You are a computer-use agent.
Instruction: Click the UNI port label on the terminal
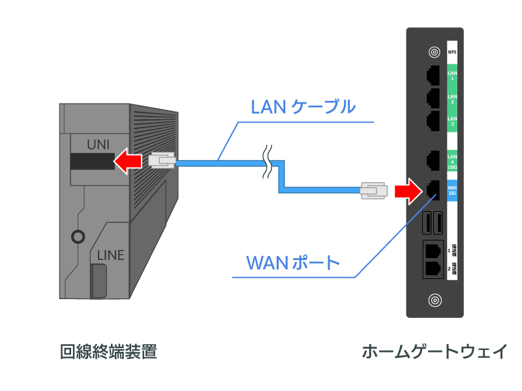coord(101,142)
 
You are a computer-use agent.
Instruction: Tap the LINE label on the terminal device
coord(110,255)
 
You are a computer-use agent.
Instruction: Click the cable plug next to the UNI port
coord(162,161)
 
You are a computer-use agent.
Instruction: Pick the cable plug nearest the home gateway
coord(375,190)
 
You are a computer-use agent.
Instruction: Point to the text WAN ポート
coord(293,263)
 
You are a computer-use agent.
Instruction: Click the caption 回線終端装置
coord(108,352)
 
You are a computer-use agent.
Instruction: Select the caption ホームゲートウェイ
coord(435,352)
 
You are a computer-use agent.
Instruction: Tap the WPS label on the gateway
coord(452,51)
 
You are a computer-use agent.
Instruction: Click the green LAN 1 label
coord(452,76)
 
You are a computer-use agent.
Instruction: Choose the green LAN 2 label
coord(452,98)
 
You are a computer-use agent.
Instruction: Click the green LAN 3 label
coord(452,121)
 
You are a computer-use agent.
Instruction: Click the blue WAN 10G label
coord(452,190)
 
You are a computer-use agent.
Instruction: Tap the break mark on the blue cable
coord(267,162)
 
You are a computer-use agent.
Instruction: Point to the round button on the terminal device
coord(79,236)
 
